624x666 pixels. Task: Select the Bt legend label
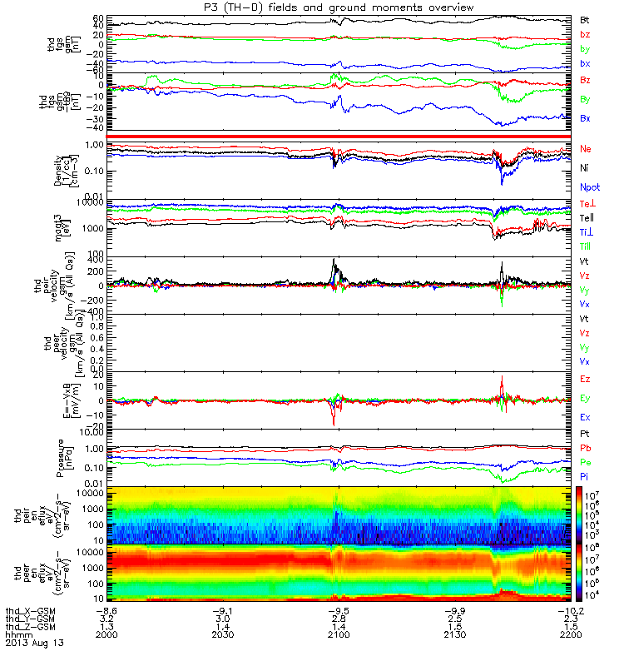tap(584, 19)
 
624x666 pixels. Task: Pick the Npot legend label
tap(590, 188)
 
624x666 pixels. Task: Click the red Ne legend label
tap(586, 150)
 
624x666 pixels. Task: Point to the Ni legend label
tap(585, 169)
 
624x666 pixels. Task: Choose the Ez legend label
tap(585, 380)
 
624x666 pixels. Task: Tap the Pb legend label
tap(585, 449)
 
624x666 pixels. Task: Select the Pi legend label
tap(584, 477)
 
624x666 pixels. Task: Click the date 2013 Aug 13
tap(34, 644)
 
